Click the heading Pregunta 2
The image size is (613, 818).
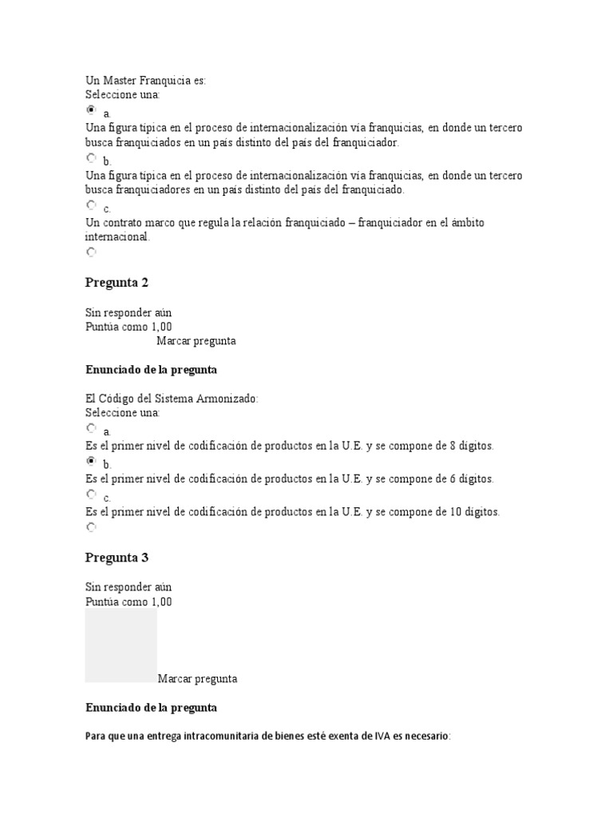click(117, 283)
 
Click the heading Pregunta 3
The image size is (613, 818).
click(117, 558)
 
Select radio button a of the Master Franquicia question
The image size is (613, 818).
click(91, 110)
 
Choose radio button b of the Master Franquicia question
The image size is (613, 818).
click(91, 158)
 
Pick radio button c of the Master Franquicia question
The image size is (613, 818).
click(91, 205)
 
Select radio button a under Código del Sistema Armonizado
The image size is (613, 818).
click(91, 428)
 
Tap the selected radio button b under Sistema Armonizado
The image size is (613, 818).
click(91, 462)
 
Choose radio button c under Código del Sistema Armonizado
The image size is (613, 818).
click(91, 495)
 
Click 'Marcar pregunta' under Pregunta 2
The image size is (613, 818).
click(196, 341)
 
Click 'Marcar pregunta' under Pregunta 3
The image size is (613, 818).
click(197, 679)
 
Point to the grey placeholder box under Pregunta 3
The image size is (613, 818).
click(121, 645)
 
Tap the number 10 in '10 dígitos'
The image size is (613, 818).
click(453, 512)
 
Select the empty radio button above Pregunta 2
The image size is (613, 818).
click(91, 252)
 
